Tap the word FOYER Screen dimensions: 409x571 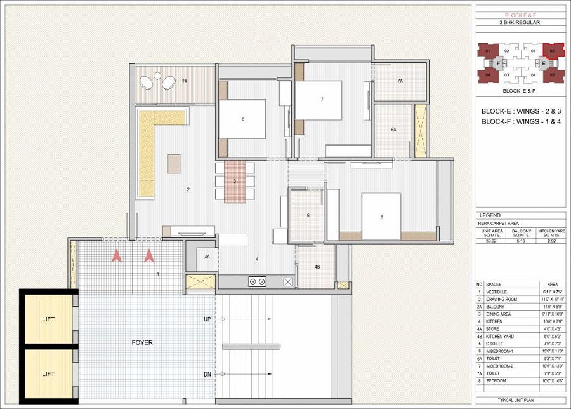142,343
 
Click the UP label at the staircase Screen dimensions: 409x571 207,319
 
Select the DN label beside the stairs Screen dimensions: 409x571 207,375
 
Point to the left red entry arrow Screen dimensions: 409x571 116,256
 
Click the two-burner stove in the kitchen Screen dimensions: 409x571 257,281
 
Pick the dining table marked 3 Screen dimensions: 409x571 235,181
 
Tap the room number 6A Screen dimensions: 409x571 393,130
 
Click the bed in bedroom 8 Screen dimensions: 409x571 242,119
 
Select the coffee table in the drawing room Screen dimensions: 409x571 173,163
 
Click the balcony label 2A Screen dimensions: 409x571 185,82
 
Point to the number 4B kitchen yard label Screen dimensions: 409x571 317,267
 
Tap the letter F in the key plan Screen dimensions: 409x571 499,64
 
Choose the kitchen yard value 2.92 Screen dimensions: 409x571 549,241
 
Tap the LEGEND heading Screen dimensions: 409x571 490,216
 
